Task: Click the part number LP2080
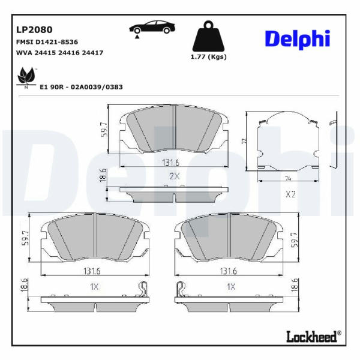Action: [34, 30]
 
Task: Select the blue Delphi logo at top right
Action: [298, 40]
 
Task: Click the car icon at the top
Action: [152, 28]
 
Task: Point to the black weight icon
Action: [208, 36]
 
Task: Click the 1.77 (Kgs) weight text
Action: [208, 57]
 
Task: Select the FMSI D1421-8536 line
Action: [47, 42]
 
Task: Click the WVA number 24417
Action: [92, 53]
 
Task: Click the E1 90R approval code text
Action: [81, 87]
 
